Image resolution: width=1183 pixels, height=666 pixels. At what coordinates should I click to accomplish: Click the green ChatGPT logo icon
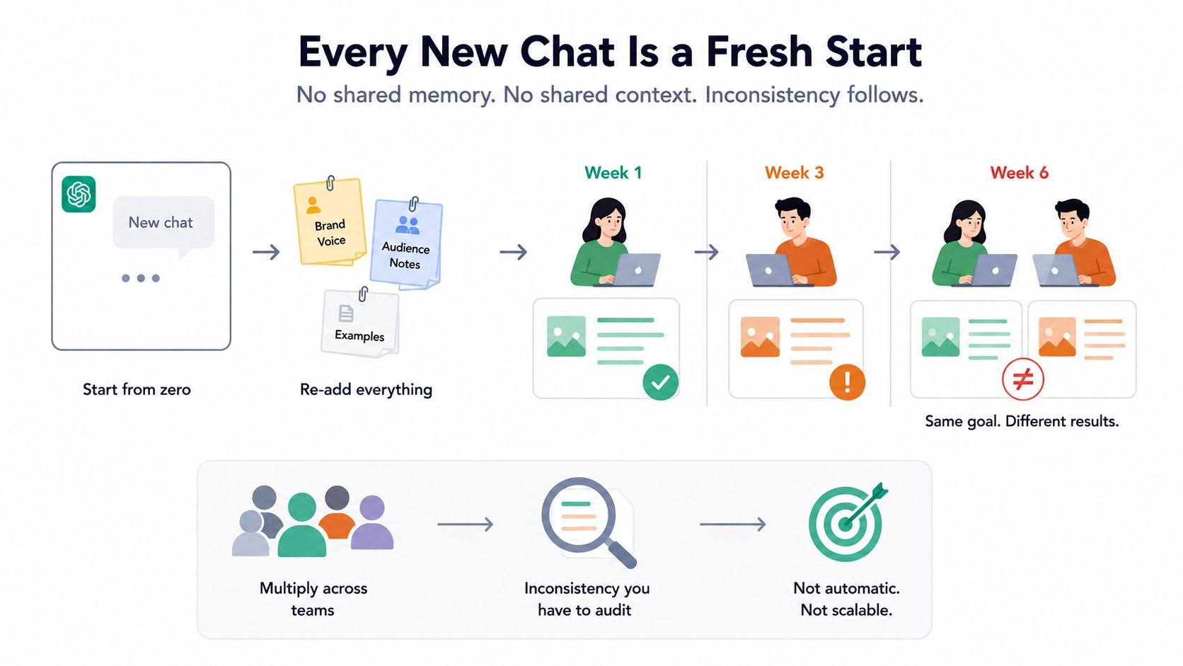click(x=79, y=194)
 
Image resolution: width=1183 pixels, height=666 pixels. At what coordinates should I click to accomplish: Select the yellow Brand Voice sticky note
click(x=330, y=222)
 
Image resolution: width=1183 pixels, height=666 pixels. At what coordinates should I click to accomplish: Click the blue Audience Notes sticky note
click(x=406, y=245)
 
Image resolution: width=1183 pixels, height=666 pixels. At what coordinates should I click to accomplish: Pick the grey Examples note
click(x=360, y=323)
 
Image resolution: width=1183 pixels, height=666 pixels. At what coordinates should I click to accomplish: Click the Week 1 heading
click(x=613, y=173)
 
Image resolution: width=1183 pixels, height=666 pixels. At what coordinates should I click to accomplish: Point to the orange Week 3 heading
click(x=795, y=173)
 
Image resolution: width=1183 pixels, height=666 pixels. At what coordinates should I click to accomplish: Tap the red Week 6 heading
click(x=1020, y=173)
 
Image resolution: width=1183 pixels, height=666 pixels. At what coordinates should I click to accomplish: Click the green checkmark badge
click(x=661, y=382)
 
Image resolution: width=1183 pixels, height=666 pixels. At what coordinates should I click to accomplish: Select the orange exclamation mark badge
click(x=847, y=382)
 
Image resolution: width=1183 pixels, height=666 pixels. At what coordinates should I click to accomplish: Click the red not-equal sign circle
click(x=1023, y=379)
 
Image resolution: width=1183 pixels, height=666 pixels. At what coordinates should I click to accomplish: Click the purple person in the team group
click(x=372, y=522)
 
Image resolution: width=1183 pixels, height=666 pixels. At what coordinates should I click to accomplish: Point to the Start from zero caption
click(x=137, y=390)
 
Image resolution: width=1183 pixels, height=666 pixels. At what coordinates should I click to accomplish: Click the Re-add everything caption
click(x=366, y=390)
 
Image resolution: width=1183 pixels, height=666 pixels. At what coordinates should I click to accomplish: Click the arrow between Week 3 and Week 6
click(x=887, y=252)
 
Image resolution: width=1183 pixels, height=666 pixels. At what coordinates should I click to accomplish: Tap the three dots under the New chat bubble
click(x=141, y=278)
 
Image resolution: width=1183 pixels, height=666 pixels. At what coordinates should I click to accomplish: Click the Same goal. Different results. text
click(x=1022, y=421)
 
